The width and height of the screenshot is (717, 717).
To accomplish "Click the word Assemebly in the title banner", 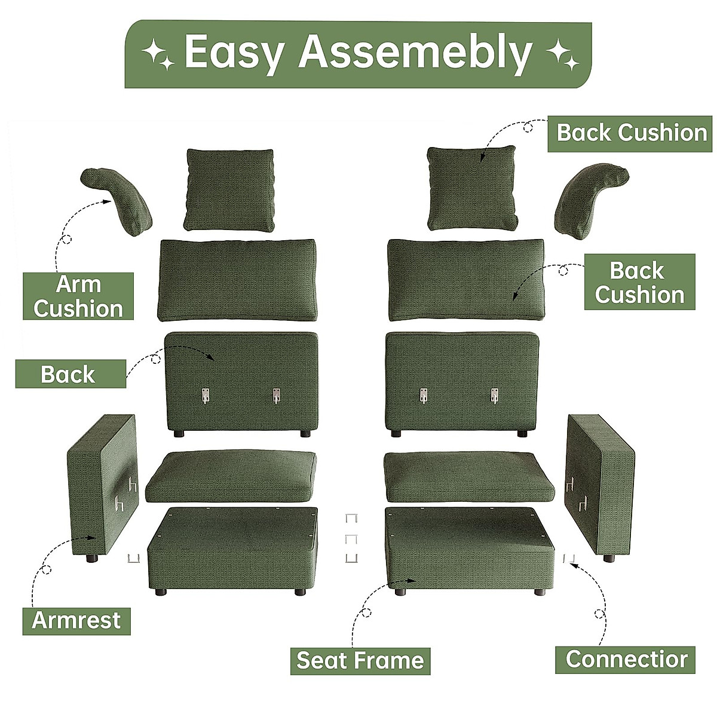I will pos(415,53).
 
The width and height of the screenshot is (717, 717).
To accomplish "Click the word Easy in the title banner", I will pos(234,53).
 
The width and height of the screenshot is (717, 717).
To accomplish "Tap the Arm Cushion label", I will pos(78,296).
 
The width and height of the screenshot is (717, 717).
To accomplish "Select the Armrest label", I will pos(76,620).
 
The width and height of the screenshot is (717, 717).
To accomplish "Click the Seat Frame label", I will pos(360,660).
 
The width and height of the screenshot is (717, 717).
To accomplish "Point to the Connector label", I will pos(626,659).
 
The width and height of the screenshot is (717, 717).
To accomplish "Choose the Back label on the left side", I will pos(69,375).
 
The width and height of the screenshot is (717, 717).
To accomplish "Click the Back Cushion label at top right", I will pos(631,133).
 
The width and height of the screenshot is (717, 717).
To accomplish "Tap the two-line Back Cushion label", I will pos(639,282).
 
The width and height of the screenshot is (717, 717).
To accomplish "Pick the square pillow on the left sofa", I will pos(230,190).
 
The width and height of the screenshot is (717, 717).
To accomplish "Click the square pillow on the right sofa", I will pos(472,189).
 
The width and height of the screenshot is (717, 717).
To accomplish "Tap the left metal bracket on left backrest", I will pos(206,396).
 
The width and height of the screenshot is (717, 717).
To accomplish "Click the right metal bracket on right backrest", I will pos(494,396).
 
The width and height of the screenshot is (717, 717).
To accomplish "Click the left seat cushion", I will pos(231,477).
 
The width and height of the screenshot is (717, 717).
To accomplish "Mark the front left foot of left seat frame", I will pos(160,592).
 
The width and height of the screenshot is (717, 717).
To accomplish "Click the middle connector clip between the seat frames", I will pos(352,539).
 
